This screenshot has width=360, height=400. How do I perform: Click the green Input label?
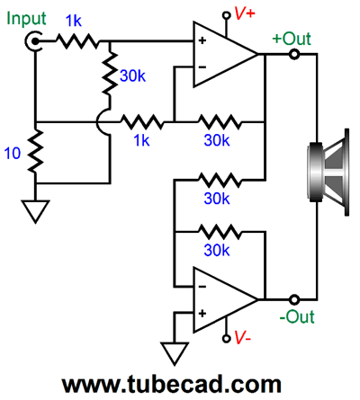pyautogui.click(x=26, y=20)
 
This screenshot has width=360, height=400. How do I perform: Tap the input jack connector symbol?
pyautogui.click(x=33, y=41)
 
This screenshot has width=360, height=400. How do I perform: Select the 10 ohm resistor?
pyautogui.click(x=35, y=151)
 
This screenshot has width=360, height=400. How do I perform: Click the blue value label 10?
pyautogui.click(x=13, y=153)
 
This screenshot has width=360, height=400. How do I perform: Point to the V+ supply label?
pyautogui.click(x=244, y=13)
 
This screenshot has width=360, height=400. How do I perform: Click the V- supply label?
pyautogui.click(x=242, y=337)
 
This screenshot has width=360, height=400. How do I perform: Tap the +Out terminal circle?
pyautogui.click(x=294, y=54)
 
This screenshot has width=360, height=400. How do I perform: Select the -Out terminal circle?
pyautogui.click(x=294, y=299)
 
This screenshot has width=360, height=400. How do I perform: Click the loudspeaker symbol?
pyautogui.click(x=328, y=172)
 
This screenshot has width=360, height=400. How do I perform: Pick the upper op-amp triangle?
pyautogui.click(x=225, y=54)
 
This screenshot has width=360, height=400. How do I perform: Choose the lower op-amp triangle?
pyautogui.click(x=225, y=299)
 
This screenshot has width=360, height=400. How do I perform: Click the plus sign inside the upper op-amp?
pyautogui.click(x=202, y=40)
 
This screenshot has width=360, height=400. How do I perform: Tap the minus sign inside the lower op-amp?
pyautogui.click(x=202, y=287)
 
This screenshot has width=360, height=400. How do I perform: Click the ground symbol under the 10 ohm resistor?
pyautogui.click(x=35, y=211)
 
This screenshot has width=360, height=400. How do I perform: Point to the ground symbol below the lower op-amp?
pyautogui.click(x=175, y=353)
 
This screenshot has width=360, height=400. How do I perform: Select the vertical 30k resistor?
pyautogui.click(x=110, y=74)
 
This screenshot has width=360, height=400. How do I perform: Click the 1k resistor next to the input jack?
pyautogui.click(x=77, y=41)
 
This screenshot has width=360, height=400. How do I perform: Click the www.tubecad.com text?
pyautogui.click(x=172, y=385)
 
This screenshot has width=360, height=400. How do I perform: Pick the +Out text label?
pyautogui.click(x=292, y=39)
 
